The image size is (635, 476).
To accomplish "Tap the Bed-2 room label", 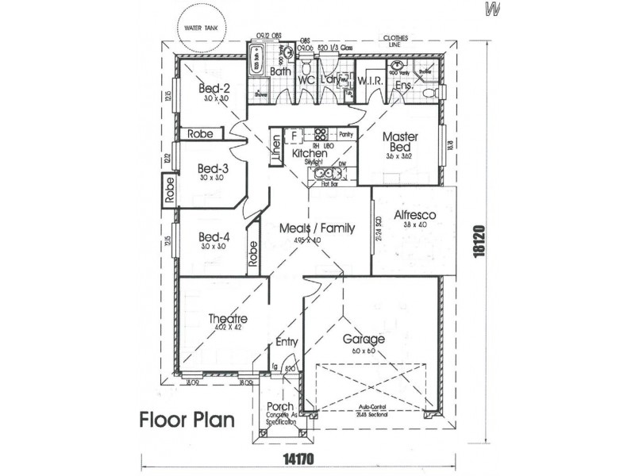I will pos(214,88).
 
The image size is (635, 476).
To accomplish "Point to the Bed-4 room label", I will pos(214,236).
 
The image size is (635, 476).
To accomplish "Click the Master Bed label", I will pos(400,142).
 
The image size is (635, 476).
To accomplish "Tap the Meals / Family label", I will pos(317,228).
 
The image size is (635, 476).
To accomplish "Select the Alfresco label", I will pos(411,215).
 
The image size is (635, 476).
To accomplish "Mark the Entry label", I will pos(286,343).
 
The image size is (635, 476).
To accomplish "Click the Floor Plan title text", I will pos(187,418).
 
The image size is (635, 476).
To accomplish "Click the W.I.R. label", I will pos(371,81).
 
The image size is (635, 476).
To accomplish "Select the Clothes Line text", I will pos(396,41).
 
